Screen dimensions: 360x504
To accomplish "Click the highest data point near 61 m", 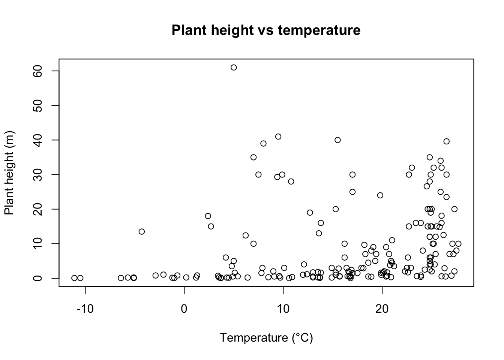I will pos(234,67).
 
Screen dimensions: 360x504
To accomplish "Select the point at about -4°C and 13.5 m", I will pos(142,232).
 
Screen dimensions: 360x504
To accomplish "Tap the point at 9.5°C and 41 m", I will pos(278,136).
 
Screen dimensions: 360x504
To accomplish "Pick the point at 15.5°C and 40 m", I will pos(337,140).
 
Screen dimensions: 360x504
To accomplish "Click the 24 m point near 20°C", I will pos(380,195).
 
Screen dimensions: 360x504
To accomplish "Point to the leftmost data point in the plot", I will pos(74,278).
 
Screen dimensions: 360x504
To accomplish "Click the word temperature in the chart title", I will pos(319,30).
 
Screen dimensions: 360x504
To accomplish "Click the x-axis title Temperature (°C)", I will pos(266,338).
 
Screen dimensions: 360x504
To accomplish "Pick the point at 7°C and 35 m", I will pos(253,157).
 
